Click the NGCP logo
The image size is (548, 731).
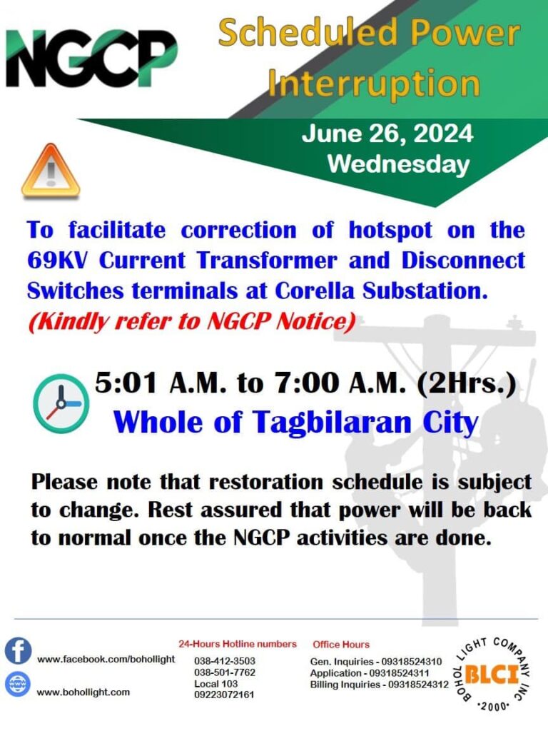click(x=91, y=58)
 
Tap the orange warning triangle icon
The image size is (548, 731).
click(x=51, y=171)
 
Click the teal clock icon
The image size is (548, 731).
click(x=61, y=404)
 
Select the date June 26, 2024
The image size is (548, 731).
click(x=387, y=133)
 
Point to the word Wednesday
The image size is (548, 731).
click(x=398, y=164)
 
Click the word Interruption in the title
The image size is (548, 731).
click(x=374, y=84)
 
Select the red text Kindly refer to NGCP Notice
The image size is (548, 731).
click(x=192, y=321)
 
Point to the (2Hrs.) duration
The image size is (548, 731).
click(x=467, y=384)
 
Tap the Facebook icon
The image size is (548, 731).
click(x=18, y=651)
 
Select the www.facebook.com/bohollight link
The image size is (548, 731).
click(x=106, y=659)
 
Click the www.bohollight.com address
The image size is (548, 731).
click(x=83, y=692)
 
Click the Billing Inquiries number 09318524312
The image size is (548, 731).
click(x=415, y=685)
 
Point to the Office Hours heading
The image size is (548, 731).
click(x=341, y=645)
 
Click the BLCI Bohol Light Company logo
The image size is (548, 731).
click(x=492, y=675)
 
